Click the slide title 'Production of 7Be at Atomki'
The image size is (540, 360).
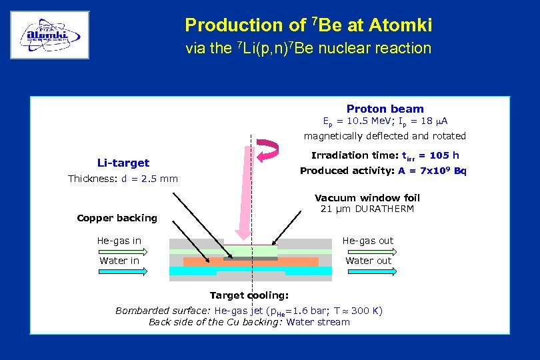click(x=308, y=25)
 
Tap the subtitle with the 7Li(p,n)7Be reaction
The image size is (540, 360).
click(x=308, y=48)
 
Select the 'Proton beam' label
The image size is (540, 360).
click(x=385, y=109)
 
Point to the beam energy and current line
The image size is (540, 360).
click(x=385, y=121)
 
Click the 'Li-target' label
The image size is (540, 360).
click(x=123, y=163)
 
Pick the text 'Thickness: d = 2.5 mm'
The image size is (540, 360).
click(x=123, y=179)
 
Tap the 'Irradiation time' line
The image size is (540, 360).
click(x=385, y=155)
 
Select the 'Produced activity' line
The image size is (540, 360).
click(x=383, y=171)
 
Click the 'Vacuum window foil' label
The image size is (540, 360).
click(x=367, y=197)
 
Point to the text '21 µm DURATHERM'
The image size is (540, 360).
click(x=367, y=209)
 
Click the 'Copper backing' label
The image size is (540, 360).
click(x=117, y=218)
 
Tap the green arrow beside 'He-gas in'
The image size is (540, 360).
click(x=154, y=251)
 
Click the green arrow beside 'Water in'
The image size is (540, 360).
click(x=154, y=271)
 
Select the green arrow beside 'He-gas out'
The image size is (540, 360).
click(x=369, y=252)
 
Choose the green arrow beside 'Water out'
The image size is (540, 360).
click(x=369, y=271)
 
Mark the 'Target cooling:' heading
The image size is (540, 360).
click(x=249, y=295)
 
